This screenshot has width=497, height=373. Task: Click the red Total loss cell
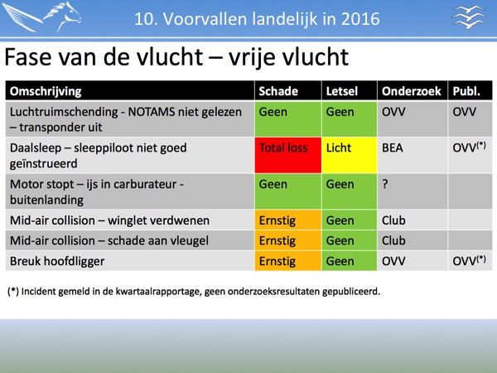point(288,155)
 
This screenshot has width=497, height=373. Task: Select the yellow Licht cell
point(350,155)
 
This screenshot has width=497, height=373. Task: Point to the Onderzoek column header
point(412,91)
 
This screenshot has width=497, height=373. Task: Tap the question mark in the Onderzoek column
point(385,184)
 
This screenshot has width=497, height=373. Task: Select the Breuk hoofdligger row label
point(57,261)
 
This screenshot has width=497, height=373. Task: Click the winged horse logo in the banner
point(42,17)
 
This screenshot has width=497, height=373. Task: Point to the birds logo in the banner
point(469,17)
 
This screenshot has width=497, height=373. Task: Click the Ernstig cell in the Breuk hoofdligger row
point(288,261)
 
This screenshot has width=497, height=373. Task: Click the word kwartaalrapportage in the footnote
point(158,292)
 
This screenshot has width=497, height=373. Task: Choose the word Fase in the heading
point(28,57)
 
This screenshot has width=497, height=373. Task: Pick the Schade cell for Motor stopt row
point(288,191)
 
